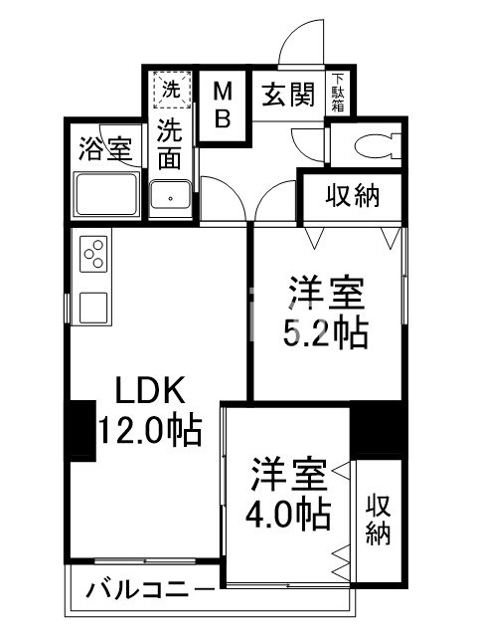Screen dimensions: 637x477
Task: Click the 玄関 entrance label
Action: click(288, 96)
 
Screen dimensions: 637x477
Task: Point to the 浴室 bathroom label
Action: click(104, 150)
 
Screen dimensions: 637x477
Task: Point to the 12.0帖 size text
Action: click(150, 430)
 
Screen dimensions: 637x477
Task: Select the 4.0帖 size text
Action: click(289, 515)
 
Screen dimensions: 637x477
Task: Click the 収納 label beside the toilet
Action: click(353, 195)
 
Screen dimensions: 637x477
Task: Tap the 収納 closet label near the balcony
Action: click(378, 519)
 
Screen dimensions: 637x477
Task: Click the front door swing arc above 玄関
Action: click(298, 45)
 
